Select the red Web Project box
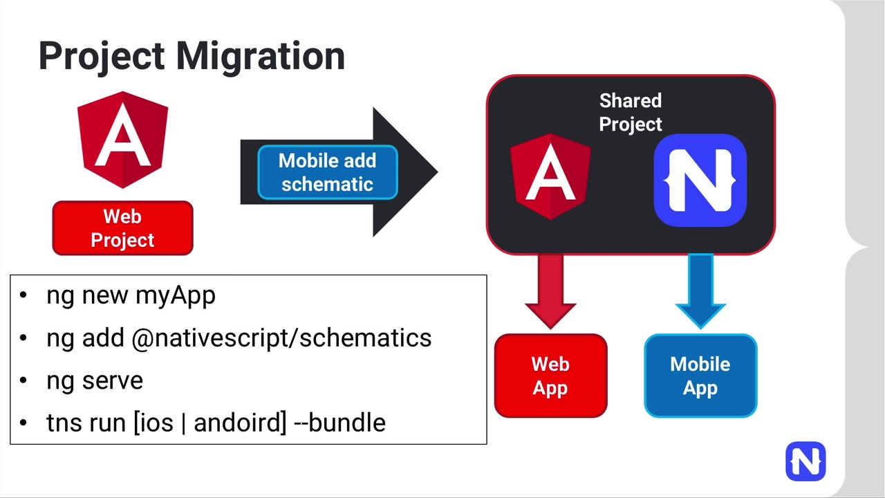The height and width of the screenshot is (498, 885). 122,228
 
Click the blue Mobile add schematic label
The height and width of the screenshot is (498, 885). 327,172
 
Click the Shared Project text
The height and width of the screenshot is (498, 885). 630,112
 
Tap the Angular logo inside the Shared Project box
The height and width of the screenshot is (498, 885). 550,177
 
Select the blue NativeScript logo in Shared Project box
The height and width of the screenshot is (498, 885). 700,181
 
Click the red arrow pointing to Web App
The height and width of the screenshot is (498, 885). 550,290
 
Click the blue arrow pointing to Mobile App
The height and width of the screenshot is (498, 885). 700,290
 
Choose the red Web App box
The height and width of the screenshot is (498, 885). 550,376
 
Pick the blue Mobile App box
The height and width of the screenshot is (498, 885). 700,376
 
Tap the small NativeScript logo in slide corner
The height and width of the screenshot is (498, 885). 805,461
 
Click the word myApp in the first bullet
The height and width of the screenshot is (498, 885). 175,295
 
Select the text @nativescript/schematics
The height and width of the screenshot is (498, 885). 281,338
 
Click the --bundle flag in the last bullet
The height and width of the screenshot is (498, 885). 339,423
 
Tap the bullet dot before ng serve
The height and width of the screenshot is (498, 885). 24,380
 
